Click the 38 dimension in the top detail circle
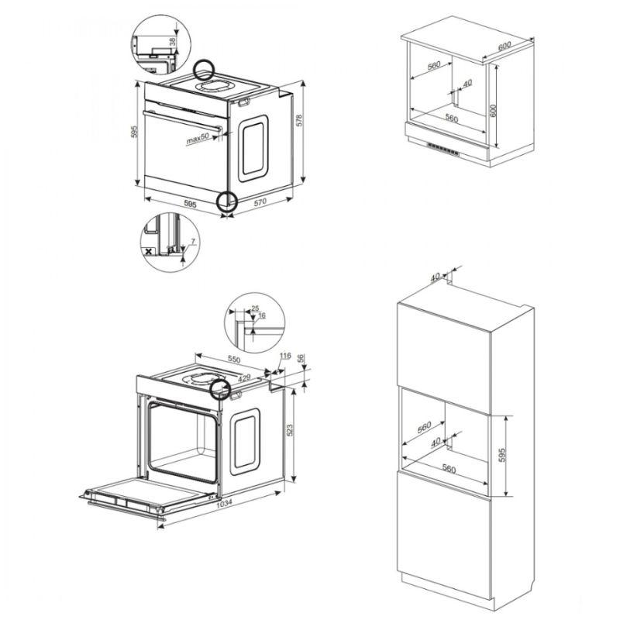coord(172,42)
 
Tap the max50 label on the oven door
coord(198,139)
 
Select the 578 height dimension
coord(299,120)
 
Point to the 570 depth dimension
coord(260,202)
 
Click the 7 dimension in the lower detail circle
coord(193,241)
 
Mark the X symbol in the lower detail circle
coord(149,251)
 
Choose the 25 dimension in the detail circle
coord(255,308)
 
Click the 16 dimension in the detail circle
coord(262,315)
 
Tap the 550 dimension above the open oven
coord(234,359)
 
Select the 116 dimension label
coord(285,356)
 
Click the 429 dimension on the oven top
coord(244,378)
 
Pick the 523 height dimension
coord(289,430)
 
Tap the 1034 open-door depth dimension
coord(224,502)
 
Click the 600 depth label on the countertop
coord(505,46)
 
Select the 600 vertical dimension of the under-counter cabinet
coord(493,110)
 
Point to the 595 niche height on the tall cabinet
coord(501,455)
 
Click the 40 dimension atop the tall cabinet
coord(435,277)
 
